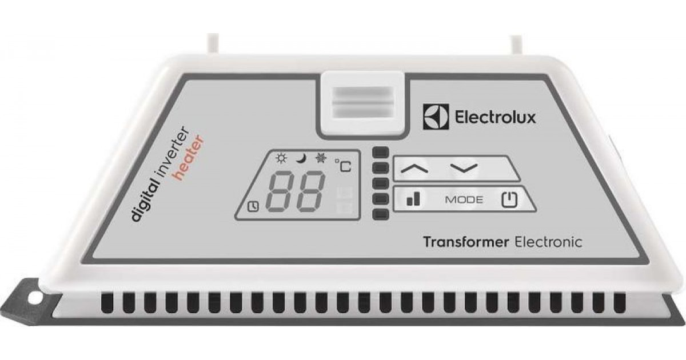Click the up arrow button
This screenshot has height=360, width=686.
coord(414,169)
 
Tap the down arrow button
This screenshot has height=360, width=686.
coord(464,169)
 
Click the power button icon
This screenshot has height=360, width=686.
coord(509,199)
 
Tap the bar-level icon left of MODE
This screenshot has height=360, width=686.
coord(413,199)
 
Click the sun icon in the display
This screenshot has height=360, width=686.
coord(281,159)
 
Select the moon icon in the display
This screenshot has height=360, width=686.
coord(301,159)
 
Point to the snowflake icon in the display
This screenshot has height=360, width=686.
coord(321,158)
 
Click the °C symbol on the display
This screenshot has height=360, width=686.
coord(343,165)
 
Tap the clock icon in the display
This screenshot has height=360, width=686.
coord(253,207)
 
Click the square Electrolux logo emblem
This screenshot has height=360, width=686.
coord(436,117)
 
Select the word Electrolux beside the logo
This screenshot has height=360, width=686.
coord(495,117)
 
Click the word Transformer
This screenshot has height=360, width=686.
coord(466,242)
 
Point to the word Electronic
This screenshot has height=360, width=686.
coord(548,242)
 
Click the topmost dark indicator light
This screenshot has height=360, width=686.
coord(380,152)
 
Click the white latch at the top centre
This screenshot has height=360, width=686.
coord(364,104)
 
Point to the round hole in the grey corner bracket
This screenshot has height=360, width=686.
coord(35,298)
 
